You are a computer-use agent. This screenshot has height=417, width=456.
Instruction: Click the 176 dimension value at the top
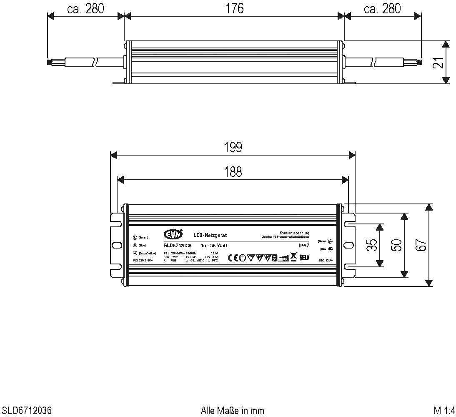[x=235, y=8]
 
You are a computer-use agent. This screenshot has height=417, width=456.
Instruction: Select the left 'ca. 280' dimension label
[x=85, y=8]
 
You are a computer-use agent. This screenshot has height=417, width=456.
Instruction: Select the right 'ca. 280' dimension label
[x=382, y=8]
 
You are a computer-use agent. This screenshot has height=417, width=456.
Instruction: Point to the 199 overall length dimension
[x=233, y=147]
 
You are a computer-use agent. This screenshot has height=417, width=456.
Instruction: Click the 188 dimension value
[x=233, y=172]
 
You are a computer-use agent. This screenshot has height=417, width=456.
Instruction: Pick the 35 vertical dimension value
[x=373, y=245]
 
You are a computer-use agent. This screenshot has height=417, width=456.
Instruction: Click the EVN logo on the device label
[x=173, y=234]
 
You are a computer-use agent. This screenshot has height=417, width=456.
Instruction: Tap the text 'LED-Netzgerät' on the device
[x=210, y=236]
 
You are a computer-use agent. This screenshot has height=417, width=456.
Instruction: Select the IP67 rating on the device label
[x=303, y=246]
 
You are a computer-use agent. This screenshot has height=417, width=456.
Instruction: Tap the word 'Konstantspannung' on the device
[x=294, y=233]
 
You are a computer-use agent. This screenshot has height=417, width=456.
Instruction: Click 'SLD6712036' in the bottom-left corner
[x=27, y=410]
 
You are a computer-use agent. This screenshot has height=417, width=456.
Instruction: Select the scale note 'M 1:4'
[x=444, y=410]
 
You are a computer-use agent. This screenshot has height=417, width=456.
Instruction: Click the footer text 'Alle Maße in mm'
[x=233, y=410]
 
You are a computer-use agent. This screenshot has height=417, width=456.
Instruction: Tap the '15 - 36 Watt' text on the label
[x=214, y=246]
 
